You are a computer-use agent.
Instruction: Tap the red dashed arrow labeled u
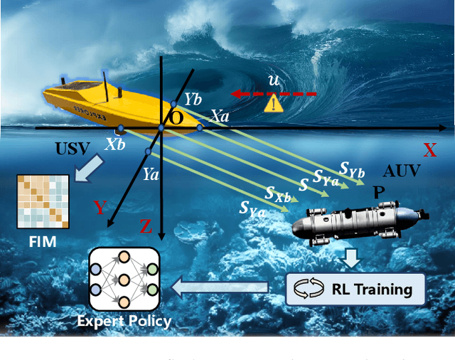[271, 93]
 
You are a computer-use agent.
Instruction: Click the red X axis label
[429, 150]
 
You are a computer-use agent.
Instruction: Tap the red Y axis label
[101, 208]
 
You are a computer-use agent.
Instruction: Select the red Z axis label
[145, 227]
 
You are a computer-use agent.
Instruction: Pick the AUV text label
[402, 171]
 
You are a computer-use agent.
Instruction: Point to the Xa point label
[218, 117]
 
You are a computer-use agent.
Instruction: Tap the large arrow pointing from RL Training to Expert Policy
[221, 288]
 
